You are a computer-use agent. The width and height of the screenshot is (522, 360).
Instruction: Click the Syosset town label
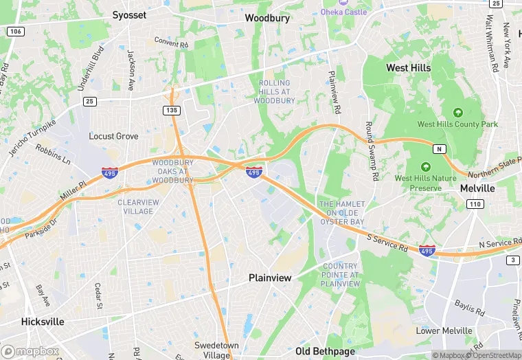[x=130, y=14]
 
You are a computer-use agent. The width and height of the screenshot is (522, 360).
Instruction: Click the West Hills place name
[x=409, y=68]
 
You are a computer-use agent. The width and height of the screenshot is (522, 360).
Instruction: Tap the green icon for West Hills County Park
[x=457, y=112]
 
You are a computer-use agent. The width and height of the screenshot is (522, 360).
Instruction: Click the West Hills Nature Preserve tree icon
[x=425, y=167]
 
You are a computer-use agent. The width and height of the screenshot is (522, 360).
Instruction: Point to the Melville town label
[x=477, y=188]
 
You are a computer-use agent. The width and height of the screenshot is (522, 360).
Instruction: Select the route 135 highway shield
[x=172, y=111]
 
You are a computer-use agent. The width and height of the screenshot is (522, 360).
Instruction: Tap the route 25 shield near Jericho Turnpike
[x=89, y=102]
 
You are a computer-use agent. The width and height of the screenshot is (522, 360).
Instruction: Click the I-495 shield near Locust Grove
[x=109, y=174]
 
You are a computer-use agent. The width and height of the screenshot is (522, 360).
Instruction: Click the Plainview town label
[x=270, y=278]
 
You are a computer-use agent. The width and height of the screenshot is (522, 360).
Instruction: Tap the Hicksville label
[x=43, y=322]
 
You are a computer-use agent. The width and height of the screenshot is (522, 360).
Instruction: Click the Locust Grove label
[x=113, y=136]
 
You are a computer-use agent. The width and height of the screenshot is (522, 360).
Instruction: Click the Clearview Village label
[x=139, y=207]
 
